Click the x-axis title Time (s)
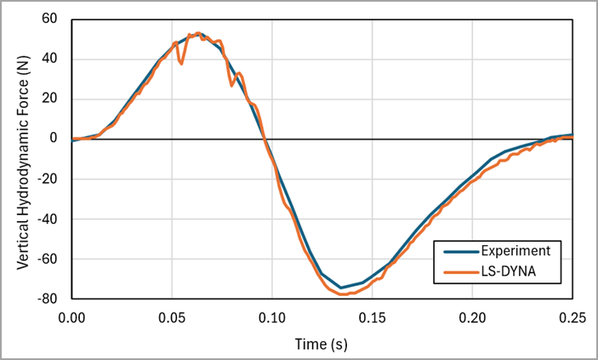click(x=322, y=344)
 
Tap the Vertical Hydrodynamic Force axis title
click(x=24, y=158)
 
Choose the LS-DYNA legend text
click(x=510, y=272)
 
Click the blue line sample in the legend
click(x=459, y=250)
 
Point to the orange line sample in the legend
click(x=459, y=272)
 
